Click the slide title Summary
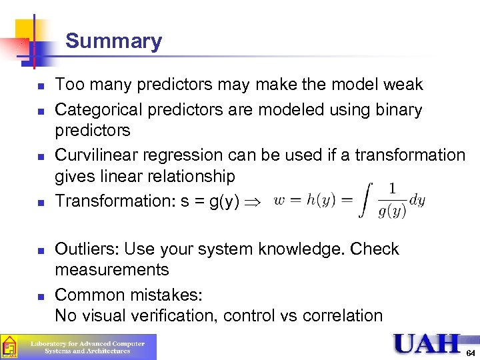(113, 41)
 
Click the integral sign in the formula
(365, 199)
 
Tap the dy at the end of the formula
(417, 199)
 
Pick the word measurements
(112, 270)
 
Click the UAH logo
(427, 343)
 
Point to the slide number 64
(470, 351)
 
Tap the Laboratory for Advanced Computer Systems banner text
(87, 347)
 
